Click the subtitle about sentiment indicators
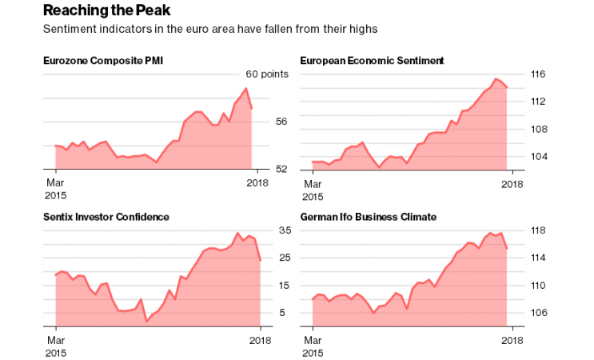[209, 29]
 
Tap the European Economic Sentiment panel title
[372, 61]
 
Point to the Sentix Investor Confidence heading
[106, 217]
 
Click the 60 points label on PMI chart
[266, 74]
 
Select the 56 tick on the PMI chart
[281, 122]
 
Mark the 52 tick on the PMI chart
[281, 170]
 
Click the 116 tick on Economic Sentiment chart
[538, 74]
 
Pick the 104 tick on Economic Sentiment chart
[538, 156]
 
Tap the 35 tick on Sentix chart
[284, 230]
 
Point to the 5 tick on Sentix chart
[282, 313]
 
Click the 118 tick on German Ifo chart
[538, 230]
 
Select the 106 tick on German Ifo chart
[538, 313]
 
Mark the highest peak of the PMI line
[245, 89]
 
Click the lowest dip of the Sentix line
[146, 322]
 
